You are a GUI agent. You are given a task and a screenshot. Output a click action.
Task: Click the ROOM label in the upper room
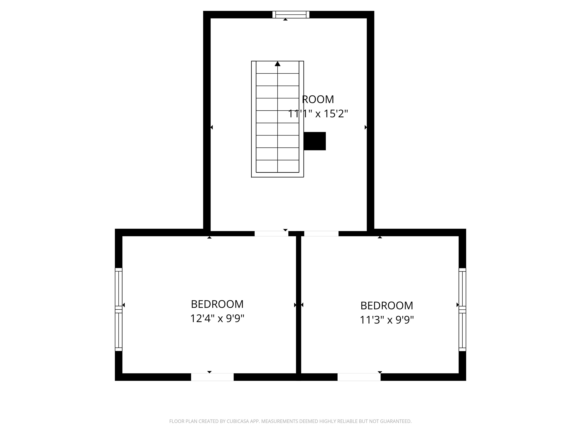coord(318,99)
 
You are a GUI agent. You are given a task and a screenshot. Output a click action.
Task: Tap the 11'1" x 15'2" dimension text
coord(318,114)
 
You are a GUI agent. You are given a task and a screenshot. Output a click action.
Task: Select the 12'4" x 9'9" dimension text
coord(217,318)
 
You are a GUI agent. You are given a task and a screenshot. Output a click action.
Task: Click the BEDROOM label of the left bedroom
coord(217,304)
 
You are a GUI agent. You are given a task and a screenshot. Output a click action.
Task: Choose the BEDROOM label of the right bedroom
coord(387,305)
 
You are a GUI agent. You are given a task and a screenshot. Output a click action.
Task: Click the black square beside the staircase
coord(315,141)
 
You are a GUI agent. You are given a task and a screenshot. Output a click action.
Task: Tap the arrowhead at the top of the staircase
coord(278,64)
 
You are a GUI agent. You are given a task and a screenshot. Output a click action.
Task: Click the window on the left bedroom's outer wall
coord(119,309)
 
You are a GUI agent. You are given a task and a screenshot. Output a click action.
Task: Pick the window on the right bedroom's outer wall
coord(462,309)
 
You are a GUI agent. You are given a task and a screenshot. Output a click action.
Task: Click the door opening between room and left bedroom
coord(271,233)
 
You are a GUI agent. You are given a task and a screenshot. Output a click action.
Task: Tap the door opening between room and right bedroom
coord(321,233)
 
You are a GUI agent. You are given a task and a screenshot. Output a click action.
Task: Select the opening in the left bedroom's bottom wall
coord(212,377)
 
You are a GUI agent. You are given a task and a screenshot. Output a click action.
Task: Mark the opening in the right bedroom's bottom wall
coord(359,377)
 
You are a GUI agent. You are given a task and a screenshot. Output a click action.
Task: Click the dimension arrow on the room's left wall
coord(211,128)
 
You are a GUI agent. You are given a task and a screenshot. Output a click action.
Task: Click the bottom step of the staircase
coord(278,166)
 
